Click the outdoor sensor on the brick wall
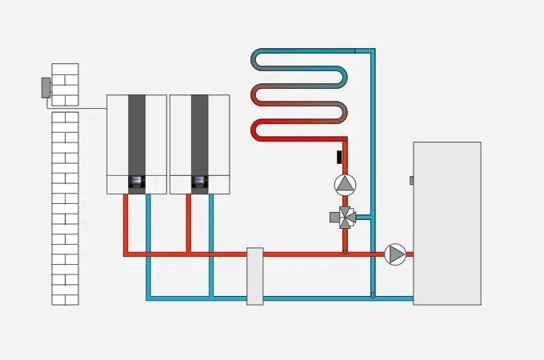point(46,87)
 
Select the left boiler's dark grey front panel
point(137,132)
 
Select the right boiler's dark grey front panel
point(200,132)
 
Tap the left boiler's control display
point(137,182)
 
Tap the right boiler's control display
point(200,182)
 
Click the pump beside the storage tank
point(395,254)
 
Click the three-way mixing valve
point(346,217)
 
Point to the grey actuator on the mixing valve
point(334,217)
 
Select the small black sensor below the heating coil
point(340,156)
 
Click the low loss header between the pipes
point(255,276)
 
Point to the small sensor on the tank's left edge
point(411,181)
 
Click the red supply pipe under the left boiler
point(126,224)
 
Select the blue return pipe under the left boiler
point(148,240)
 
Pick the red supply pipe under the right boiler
point(189,224)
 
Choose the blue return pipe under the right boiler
point(211,240)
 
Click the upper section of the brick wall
point(65,84)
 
